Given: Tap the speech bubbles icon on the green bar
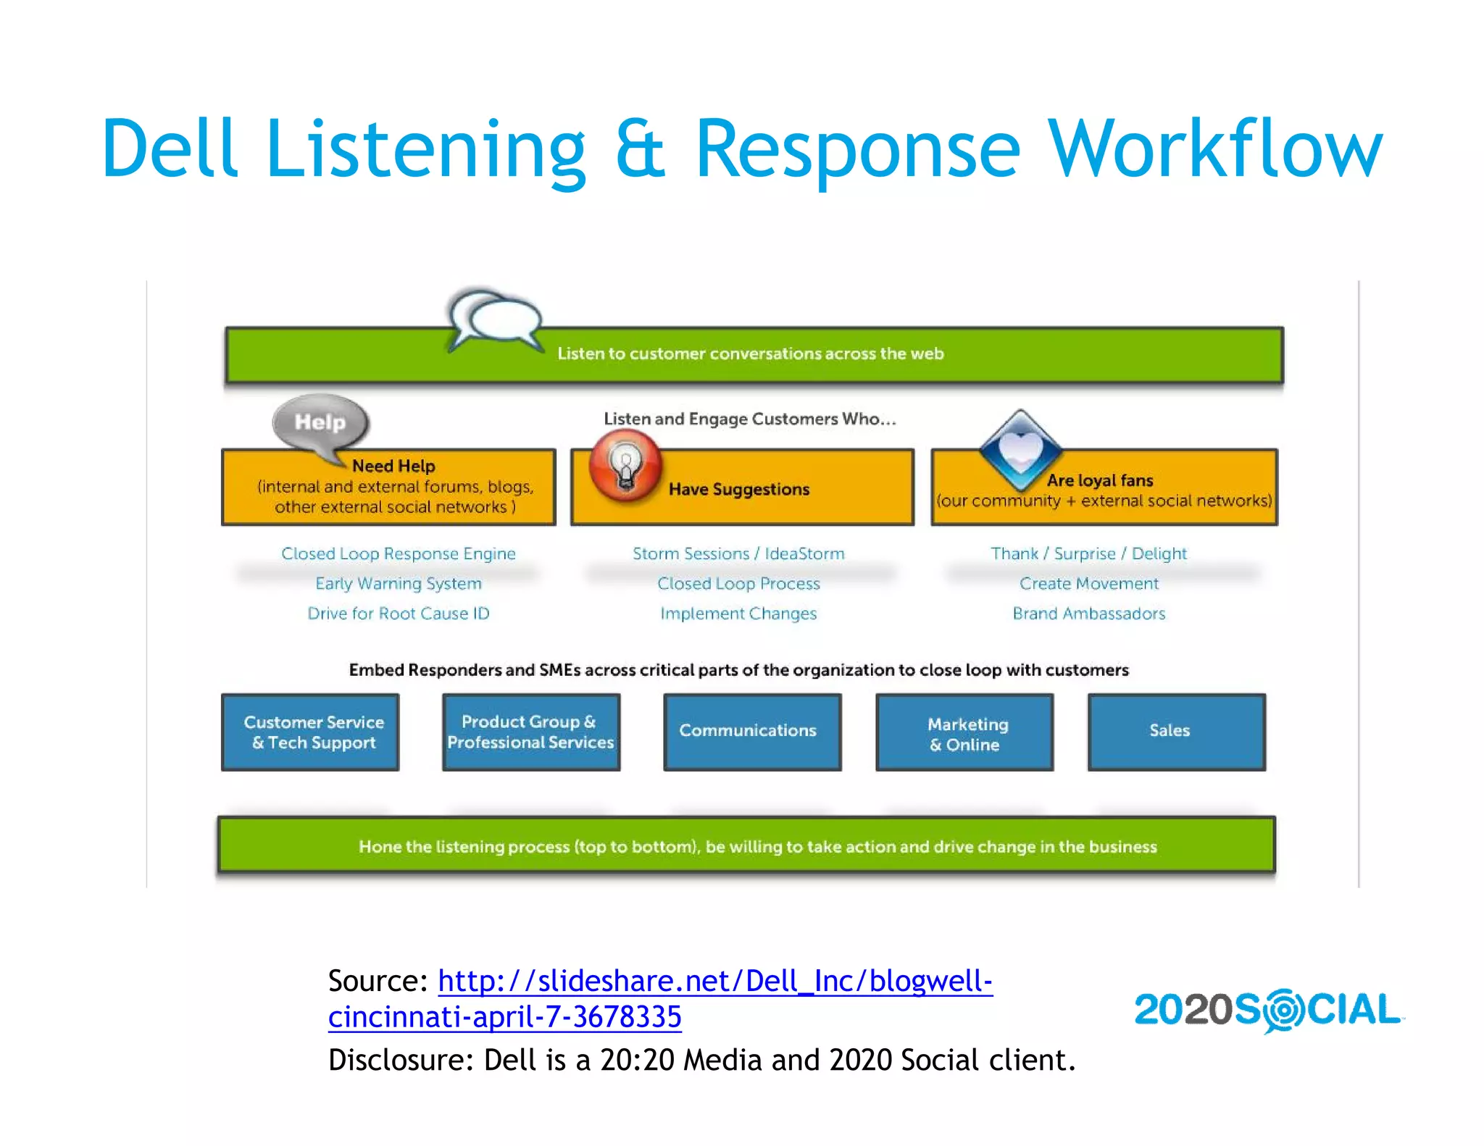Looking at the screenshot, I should click(495, 319).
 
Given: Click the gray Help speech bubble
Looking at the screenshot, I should click(321, 423).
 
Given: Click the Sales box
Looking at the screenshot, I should click(1176, 731).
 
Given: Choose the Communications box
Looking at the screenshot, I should click(752, 731).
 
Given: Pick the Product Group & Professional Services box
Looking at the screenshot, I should click(530, 732).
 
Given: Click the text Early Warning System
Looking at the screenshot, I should click(398, 583).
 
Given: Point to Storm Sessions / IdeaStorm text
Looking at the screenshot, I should click(738, 553).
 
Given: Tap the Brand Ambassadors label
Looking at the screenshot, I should click(1088, 614).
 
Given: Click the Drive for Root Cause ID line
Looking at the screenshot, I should click(398, 614).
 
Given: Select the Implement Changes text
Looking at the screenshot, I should click(738, 614).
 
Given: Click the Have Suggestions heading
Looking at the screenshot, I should click(738, 490).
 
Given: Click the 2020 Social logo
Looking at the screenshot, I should click(1268, 1010).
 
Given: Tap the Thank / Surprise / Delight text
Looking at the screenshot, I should click(1088, 553).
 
